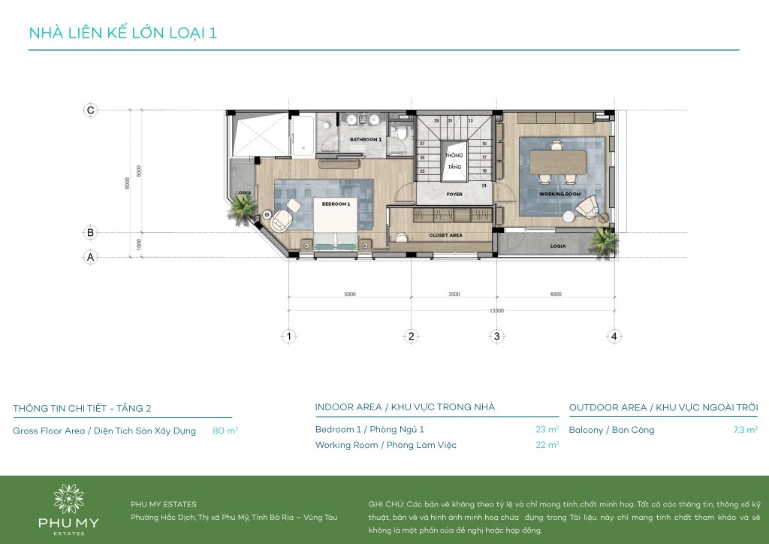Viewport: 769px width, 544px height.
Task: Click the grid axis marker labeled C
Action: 90,110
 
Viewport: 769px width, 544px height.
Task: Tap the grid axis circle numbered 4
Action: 614,337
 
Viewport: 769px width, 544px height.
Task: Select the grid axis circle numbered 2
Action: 411,337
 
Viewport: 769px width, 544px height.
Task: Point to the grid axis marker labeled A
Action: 90,257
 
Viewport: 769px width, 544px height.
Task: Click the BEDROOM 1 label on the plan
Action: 336,204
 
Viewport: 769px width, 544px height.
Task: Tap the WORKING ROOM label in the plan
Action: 559,194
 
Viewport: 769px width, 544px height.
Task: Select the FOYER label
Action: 454,194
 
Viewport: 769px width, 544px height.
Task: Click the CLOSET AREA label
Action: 445,235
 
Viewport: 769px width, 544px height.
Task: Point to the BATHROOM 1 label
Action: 366,140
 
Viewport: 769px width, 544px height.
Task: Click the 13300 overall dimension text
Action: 496,310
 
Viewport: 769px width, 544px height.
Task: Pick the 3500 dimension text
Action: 453,295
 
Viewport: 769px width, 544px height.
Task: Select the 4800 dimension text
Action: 555,295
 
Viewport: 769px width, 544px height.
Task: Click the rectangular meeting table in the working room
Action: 558,161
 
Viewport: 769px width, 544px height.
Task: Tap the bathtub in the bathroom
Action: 303,135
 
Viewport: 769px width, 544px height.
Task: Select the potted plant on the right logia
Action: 603,241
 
